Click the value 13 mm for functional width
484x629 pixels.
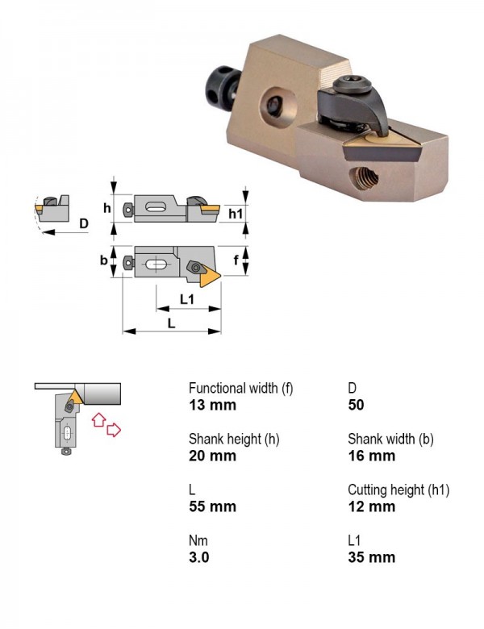pyautogui.click(x=212, y=405)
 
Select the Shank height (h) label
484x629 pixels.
pyautogui.click(x=234, y=439)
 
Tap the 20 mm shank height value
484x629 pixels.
pyautogui.click(x=212, y=456)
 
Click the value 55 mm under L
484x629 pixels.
pyautogui.click(x=212, y=506)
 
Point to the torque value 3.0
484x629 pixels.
pyautogui.click(x=199, y=557)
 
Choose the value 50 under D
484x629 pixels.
pyautogui.click(x=356, y=405)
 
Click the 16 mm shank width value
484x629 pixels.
pyautogui.click(x=372, y=456)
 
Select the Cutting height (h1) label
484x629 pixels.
pyautogui.click(x=398, y=489)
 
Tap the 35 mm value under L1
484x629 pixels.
pyautogui.click(x=372, y=557)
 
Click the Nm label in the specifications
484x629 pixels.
pyautogui.click(x=198, y=541)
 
